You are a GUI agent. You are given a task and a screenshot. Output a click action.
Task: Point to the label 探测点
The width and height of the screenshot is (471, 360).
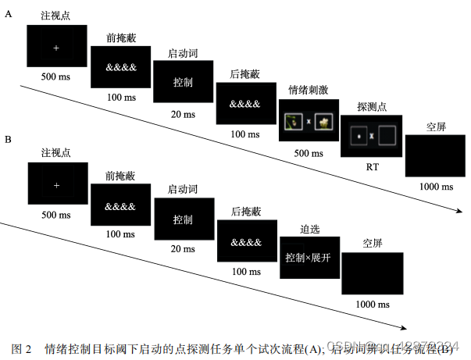pyautogui.click(x=370, y=105)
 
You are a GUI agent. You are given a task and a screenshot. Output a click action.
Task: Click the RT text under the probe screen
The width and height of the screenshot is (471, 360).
pyautogui.click(x=371, y=166)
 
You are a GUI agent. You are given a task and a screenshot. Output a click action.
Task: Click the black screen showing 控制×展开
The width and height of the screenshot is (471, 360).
pyautogui.click(x=309, y=257)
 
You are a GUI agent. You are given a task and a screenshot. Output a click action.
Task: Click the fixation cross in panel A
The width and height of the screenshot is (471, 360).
pyautogui.click(x=56, y=48)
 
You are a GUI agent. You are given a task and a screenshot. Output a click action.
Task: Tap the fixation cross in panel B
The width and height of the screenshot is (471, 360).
pyautogui.click(x=56, y=186)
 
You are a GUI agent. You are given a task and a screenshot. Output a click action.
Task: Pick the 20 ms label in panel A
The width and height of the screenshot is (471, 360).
pyautogui.click(x=183, y=114)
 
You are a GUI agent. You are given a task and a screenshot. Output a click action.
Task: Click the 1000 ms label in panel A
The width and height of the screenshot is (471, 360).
pyautogui.click(x=435, y=187)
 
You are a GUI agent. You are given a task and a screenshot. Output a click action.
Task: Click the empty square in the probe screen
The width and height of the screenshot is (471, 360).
pyautogui.click(x=388, y=137)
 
